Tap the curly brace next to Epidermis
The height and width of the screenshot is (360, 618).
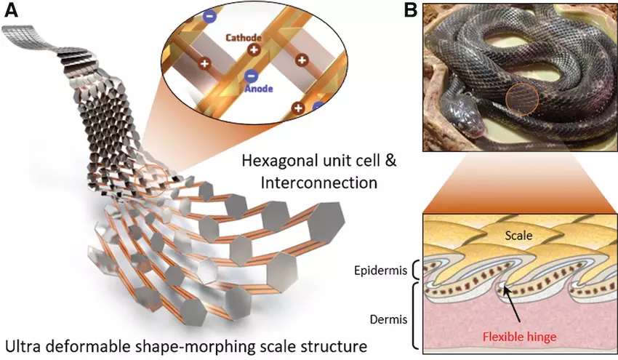coord(417,271)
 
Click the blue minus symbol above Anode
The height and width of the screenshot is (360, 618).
coord(250,75)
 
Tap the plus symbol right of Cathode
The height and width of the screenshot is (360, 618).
coord(254,50)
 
